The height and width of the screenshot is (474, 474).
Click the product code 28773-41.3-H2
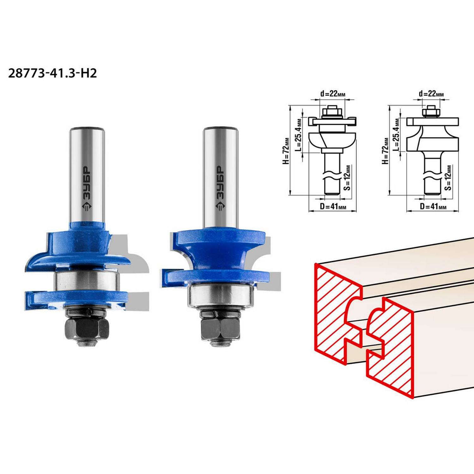[52, 73]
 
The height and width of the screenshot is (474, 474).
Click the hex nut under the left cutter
[88, 329]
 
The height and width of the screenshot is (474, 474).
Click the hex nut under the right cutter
[220, 329]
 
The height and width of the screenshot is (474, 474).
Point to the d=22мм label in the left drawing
[333, 94]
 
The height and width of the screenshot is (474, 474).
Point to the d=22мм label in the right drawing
[431, 94]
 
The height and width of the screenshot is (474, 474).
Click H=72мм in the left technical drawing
[286, 151]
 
